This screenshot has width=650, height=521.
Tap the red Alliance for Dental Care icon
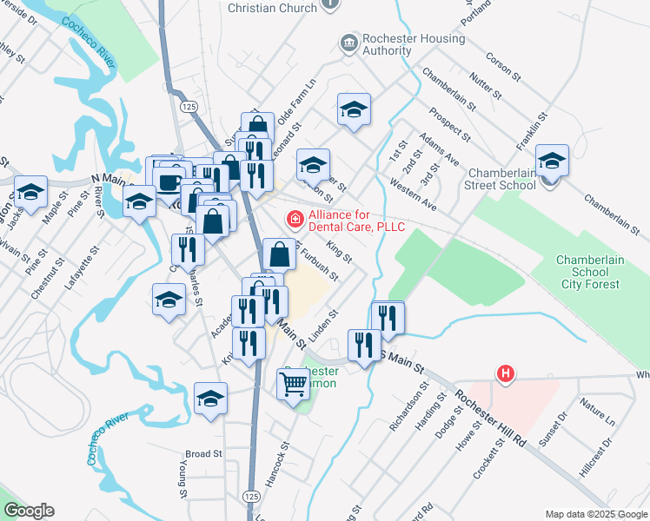click(295, 218)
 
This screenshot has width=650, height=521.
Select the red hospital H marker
click(505, 374)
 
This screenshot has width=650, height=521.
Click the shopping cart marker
click(293, 382)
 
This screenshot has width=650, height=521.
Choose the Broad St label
click(204, 453)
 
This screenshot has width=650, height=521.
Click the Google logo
click(29, 511)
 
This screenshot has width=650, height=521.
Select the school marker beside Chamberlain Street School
click(552, 160)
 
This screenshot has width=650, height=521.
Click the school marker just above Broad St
click(210, 399)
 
